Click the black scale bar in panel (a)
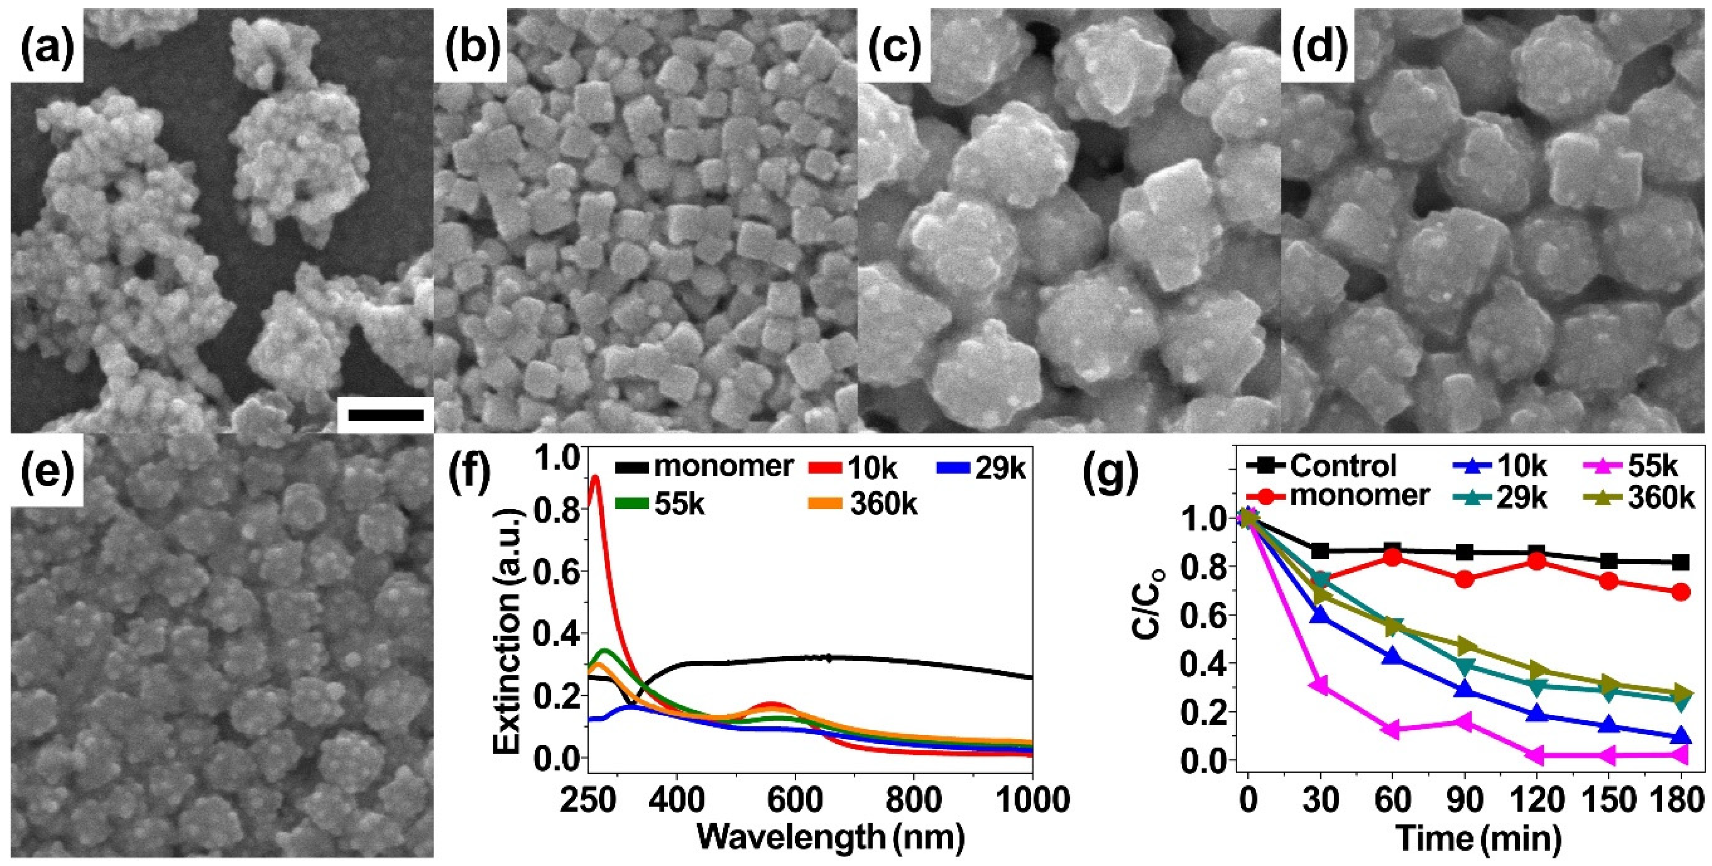point(385,415)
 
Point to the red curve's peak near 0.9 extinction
point(595,477)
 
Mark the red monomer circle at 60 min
point(1393,557)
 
